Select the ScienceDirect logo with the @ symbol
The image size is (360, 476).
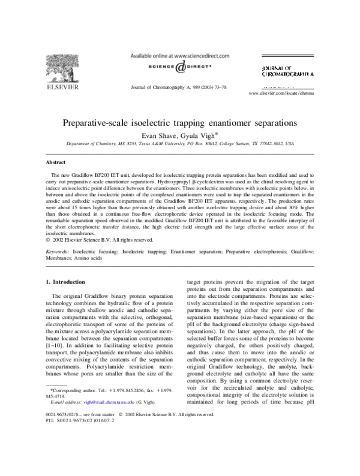[179, 68]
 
